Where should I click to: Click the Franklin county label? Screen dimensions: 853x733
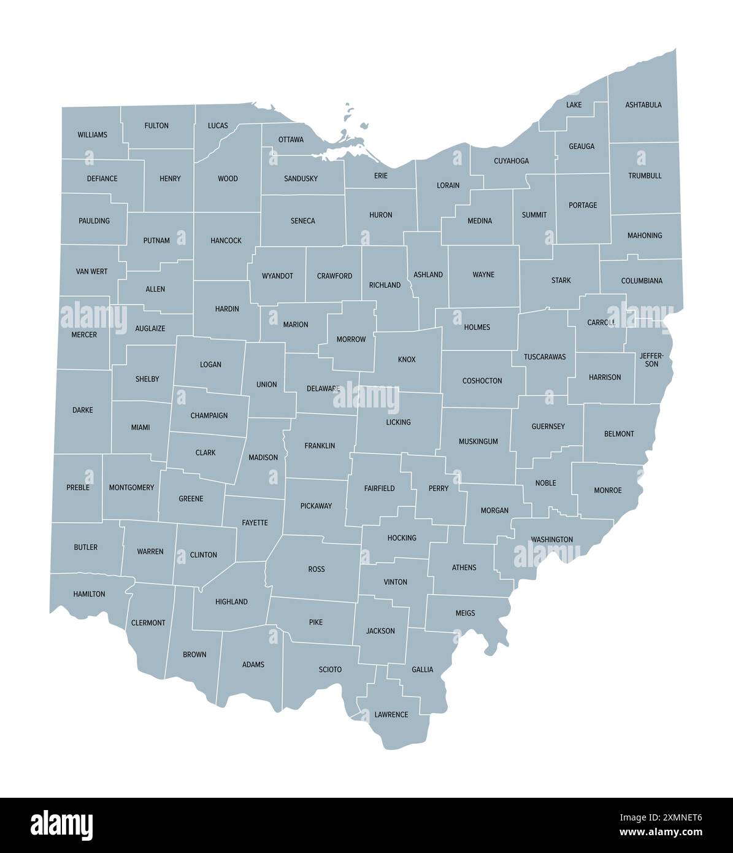pos(320,446)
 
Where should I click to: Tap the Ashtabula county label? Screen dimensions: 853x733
pos(643,105)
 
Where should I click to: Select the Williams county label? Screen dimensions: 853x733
pos(92,134)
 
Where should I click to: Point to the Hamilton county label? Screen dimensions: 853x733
pos(89,594)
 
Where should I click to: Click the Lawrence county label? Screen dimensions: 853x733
pos(391,714)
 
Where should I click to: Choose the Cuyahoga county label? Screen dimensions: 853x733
pos(511,161)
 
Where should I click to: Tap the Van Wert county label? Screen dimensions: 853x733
pos(91,271)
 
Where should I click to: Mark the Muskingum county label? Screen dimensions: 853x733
pos(478,441)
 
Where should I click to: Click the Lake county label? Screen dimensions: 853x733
pos(574,105)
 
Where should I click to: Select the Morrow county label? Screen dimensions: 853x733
pos(351,339)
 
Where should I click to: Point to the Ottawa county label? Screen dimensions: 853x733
pos(291,139)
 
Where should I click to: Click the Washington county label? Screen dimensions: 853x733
pos(552,539)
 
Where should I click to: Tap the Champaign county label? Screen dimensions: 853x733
pos(209,415)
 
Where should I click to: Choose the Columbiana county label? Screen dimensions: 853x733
pos(642,281)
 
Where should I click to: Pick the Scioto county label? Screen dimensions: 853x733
pos(330,669)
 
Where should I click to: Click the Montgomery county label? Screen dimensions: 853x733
pos(131,487)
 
